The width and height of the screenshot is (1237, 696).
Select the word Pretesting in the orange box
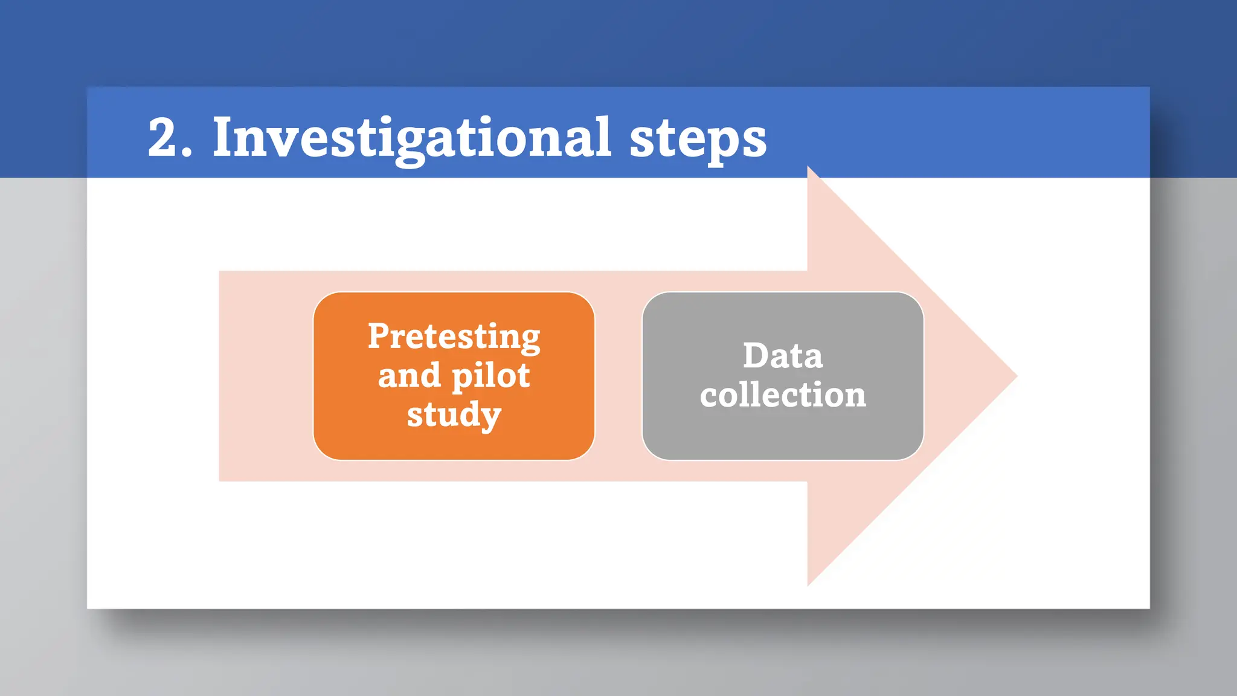point(454,337)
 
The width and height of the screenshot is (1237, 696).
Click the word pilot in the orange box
point(490,376)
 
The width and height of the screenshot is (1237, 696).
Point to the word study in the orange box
point(454,415)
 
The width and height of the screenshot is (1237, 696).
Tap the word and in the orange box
point(409,376)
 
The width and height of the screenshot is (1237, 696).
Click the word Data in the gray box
point(782,356)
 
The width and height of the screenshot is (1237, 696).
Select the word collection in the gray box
point(783,395)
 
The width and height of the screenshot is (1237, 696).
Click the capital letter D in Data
point(756,355)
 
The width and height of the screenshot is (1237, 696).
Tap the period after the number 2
point(187,155)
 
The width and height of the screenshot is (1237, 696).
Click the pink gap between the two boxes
point(618,376)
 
